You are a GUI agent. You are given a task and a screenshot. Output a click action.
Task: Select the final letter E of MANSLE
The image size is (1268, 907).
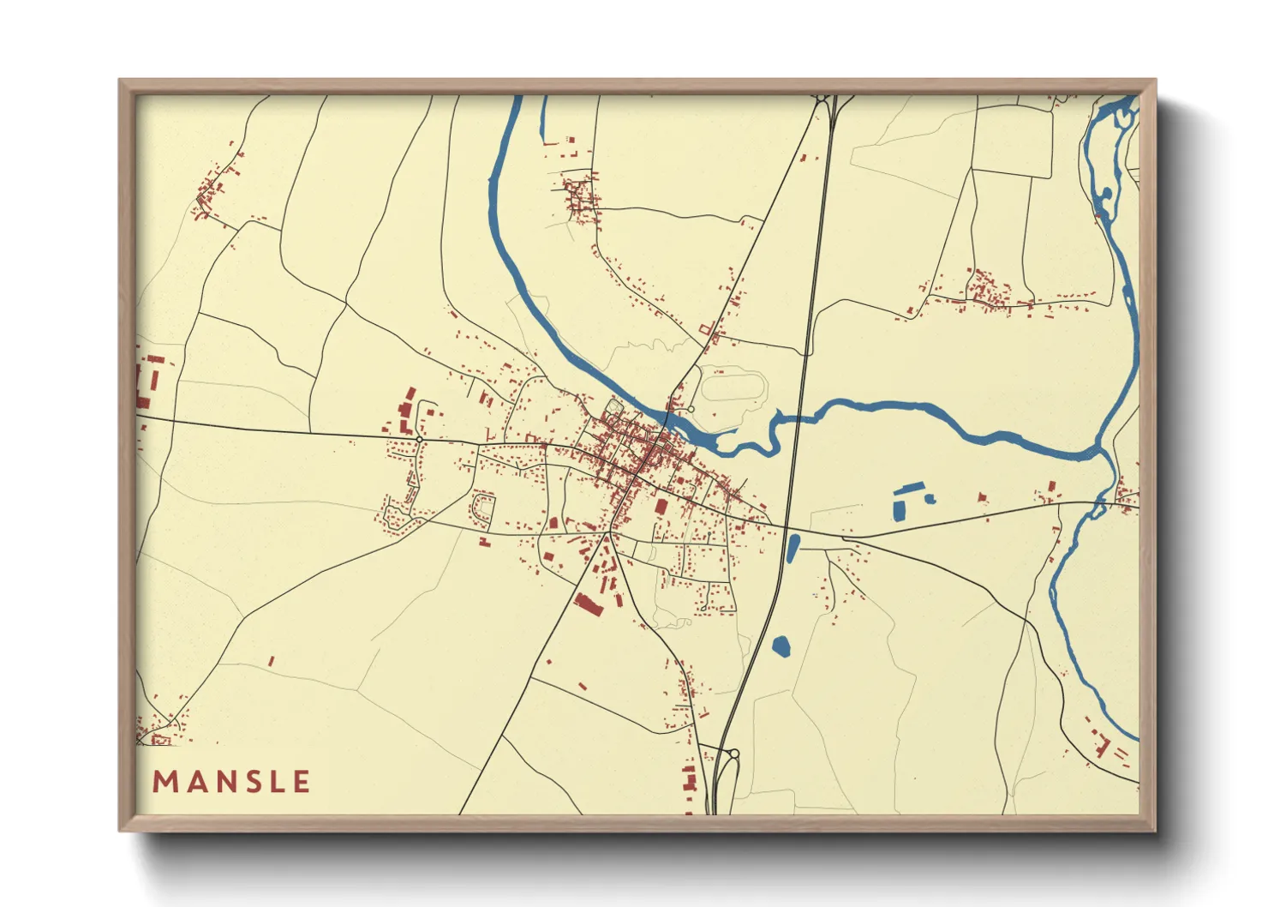click(301, 782)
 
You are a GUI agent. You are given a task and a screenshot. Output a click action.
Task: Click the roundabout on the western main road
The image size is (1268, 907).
click(419, 439)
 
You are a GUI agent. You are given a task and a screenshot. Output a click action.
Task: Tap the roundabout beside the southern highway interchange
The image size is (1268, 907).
click(734, 754)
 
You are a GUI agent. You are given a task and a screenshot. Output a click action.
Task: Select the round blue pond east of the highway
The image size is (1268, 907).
click(781, 646)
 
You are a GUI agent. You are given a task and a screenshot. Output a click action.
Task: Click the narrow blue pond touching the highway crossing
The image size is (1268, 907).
click(792, 548)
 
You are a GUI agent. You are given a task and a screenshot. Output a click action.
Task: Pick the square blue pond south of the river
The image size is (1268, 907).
click(900, 505)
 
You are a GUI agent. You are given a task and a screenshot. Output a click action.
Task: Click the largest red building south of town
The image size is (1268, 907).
click(589, 603)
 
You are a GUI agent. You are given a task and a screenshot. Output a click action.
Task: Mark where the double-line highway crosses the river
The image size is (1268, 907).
click(796, 418)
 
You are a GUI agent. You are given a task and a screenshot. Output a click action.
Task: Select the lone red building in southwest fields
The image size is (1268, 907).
click(271, 661)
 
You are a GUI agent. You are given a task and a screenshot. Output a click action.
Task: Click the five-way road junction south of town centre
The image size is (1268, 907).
click(608, 532)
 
